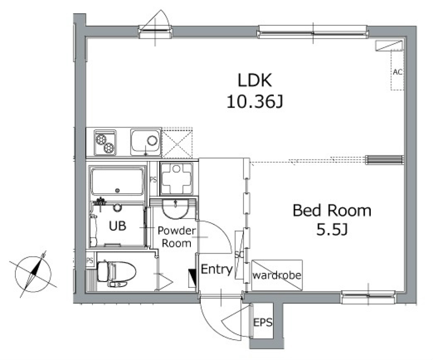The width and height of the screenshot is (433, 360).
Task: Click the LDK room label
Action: click(254, 80)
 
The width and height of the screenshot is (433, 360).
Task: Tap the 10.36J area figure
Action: click(254, 101)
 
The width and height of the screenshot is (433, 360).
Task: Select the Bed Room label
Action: click(332, 210)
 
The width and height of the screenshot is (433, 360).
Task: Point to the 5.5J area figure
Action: click(332, 229)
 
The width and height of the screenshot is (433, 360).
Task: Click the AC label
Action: click(398, 72)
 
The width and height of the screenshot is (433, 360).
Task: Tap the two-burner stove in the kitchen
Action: click(105, 143)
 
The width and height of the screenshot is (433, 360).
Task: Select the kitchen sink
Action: click(146, 142)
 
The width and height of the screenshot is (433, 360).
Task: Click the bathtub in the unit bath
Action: click(117, 182)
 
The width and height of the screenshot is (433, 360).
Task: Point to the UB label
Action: click(117, 226)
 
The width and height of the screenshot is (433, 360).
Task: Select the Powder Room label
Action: click(176, 237)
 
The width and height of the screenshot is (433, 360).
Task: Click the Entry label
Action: click(217, 269)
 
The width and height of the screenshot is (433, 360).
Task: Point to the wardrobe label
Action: click(276, 275)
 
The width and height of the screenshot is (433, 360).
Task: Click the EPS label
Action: click(263, 322)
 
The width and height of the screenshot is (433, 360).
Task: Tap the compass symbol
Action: click(33, 274)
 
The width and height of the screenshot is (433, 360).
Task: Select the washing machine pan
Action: click(176, 178)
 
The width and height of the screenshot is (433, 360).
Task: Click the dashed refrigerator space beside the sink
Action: click(177, 143)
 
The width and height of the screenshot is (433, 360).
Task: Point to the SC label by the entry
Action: click(239, 255)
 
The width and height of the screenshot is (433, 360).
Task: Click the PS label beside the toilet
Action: click(89, 260)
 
